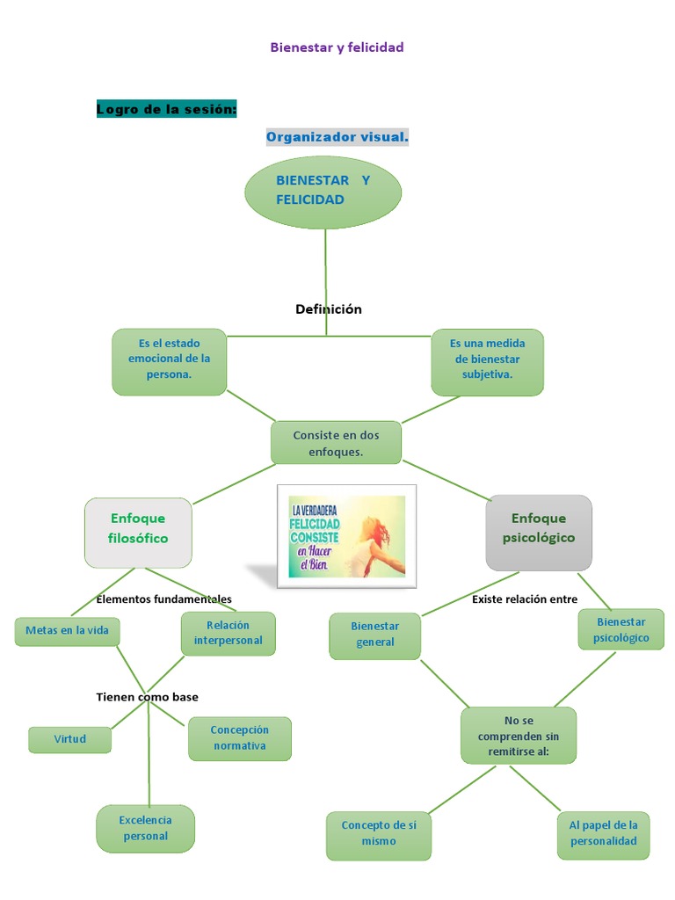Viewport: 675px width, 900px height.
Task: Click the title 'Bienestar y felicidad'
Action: click(337, 47)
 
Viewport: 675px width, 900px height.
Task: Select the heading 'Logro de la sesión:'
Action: click(167, 109)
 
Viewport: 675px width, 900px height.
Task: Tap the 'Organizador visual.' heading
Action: click(337, 137)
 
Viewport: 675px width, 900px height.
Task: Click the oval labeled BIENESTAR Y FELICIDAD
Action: click(323, 192)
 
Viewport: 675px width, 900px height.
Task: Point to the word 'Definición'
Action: click(329, 308)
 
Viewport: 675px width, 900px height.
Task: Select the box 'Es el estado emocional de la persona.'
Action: click(169, 360)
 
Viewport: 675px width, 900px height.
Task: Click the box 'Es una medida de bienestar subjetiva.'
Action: click(487, 360)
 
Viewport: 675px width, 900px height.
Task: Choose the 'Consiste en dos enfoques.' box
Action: click(336, 442)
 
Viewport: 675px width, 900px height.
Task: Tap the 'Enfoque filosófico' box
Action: click(138, 530)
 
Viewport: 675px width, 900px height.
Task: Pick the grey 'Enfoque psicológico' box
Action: click(539, 530)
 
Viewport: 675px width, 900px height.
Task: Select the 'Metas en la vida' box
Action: click(67, 631)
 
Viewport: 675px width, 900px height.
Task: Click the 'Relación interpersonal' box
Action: click(228, 633)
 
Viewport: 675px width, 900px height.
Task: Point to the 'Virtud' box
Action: click(69, 739)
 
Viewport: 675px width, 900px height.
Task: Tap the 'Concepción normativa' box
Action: click(239, 738)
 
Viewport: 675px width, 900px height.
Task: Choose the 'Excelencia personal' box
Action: click(145, 828)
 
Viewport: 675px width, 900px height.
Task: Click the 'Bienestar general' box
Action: click(375, 635)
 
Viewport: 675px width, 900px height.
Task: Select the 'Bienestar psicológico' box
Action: click(621, 629)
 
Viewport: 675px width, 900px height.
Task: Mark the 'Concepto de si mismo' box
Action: click(379, 833)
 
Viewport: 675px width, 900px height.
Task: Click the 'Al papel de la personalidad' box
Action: click(603, 833)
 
